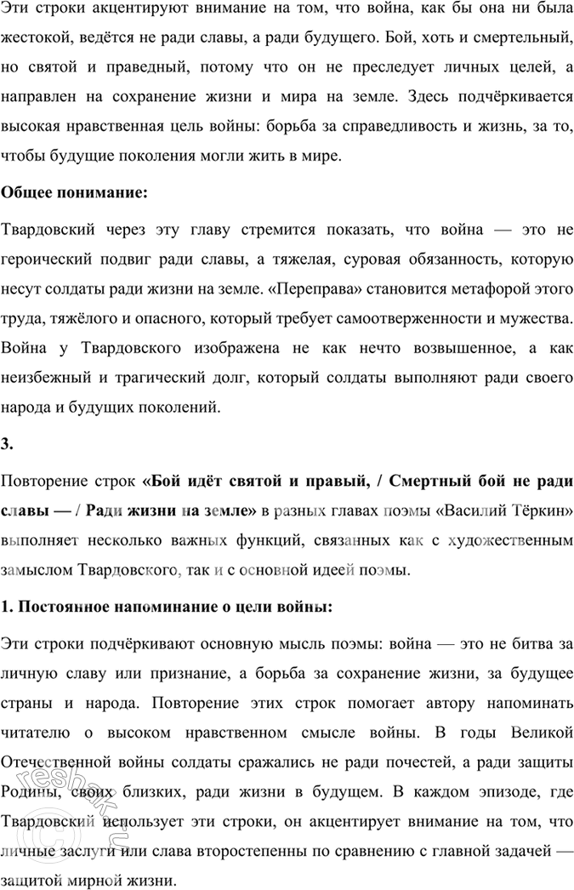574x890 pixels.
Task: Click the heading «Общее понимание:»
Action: (x=75, y=193)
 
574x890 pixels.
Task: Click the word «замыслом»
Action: (x=35, y=568)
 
